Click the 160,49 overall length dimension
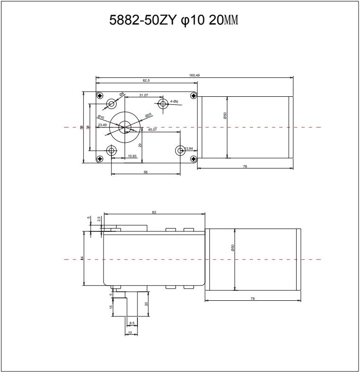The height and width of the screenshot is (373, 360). point(195,75)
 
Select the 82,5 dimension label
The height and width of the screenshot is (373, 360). point(146,81)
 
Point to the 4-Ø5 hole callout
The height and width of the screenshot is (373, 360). point(174,102)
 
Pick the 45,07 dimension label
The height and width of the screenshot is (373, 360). point(153,129)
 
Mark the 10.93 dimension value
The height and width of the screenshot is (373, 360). point(132,156)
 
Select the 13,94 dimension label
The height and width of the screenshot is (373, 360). point(189,149)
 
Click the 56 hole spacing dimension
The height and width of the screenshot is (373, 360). point(146,172)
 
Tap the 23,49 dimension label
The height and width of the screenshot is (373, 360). point(102,125)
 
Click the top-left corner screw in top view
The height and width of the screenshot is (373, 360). point(100,96)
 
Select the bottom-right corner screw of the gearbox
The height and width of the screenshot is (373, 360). point(193,158)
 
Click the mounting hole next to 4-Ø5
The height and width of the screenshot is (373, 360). point(163,104)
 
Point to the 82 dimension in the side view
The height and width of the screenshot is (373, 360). point(154,212)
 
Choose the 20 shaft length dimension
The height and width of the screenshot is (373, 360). point(146,304)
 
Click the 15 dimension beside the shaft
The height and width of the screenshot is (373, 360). point(111,307)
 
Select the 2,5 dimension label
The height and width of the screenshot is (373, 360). point(98,219)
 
